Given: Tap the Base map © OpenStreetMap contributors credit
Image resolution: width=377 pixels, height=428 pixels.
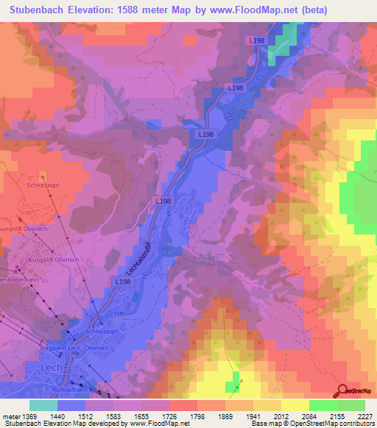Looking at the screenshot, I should click(312, 424).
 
